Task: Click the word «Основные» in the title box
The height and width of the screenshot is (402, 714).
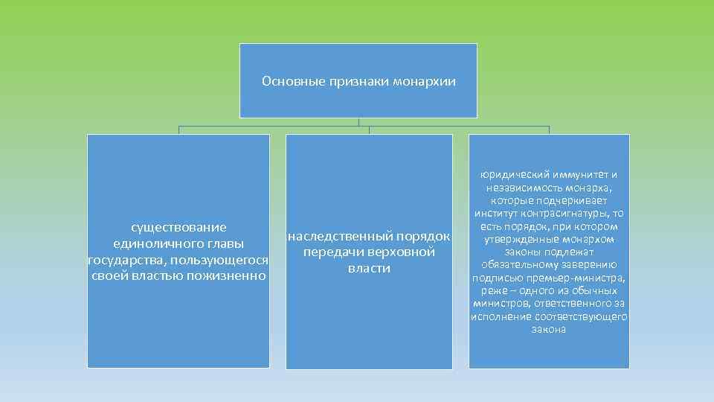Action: point(287,80)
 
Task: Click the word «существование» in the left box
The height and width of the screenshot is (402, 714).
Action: point(178,226)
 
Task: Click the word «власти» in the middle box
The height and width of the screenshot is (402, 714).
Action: point(369,269)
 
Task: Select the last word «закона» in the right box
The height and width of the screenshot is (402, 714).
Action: point(549,329)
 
